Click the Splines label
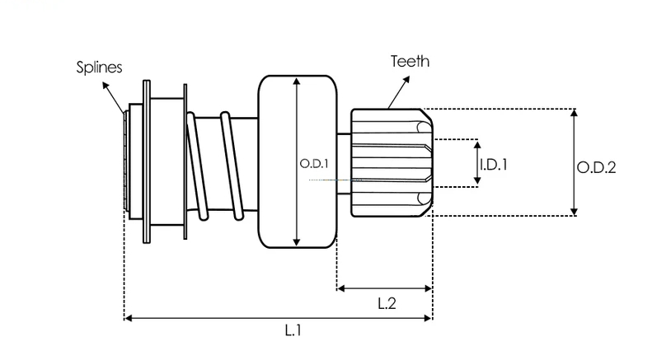click(x=99, y=68)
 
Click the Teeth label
click(x=411, y=62)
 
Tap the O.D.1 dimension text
click(x=314, y=164)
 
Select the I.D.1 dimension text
click(x=494, y=165)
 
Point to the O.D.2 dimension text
click(x=596, y=168)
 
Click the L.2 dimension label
click(x=387, y=303)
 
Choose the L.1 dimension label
click(x=293, y=330)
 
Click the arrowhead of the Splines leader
click(x=106, y=86)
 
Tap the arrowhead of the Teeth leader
click(x=406, y=80)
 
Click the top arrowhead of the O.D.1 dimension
click(x=297, y=82)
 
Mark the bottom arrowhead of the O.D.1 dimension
click(x=297, y=242)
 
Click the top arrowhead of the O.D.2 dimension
click(x=575, y=113)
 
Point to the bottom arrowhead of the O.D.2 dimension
click(x=575, y=212)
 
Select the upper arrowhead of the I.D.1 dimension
click(x=477, y=145)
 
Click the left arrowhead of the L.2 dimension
click(x=341, y=288)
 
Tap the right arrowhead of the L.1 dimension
click(x=427, y=318)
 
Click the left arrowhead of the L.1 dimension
click(x=129, y=318)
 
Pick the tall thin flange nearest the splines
click(x=147, y=161)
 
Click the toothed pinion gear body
click(x=392, y=163)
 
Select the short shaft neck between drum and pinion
click(x=344, y=164)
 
